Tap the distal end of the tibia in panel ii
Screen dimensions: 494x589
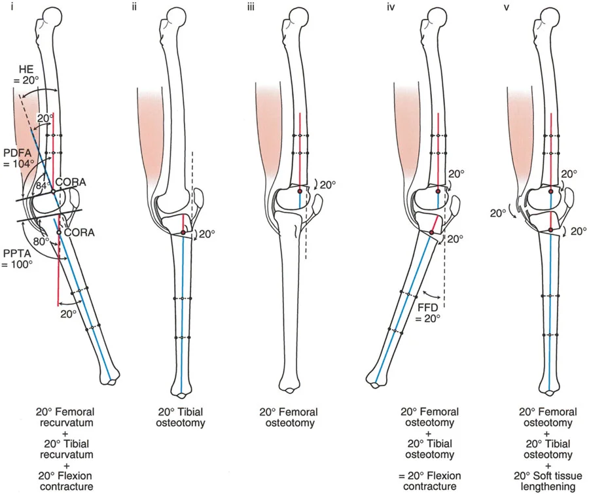point(181,391)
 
